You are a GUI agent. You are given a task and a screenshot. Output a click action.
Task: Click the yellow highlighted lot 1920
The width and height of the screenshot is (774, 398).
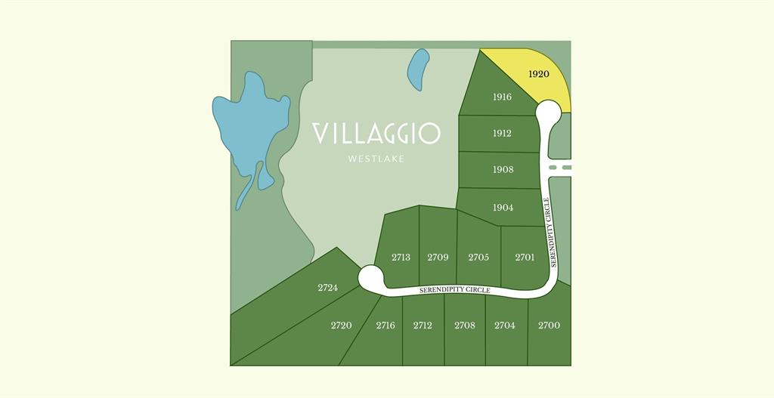coord(538,74)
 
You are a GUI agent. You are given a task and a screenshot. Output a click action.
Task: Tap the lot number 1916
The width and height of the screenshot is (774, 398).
coord(502,97)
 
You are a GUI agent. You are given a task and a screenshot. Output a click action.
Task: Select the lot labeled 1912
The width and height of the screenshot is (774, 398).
coord(502,133)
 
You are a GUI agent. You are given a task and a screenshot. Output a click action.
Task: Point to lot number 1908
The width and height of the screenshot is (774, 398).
coord(503,169)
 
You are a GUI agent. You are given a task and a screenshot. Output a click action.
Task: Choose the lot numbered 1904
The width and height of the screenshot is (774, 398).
coord(503,207)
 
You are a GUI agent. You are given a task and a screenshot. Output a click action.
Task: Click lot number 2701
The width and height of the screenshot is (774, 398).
coord(525,257)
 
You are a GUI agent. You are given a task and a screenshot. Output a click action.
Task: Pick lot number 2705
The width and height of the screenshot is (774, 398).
coord(478,257)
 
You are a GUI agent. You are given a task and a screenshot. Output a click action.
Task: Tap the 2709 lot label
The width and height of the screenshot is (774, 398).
coord(438,257)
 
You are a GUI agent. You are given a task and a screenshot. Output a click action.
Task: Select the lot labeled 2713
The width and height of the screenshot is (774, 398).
coord(401,257)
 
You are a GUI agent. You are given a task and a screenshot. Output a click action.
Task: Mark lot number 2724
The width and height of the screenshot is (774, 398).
coord(327,288)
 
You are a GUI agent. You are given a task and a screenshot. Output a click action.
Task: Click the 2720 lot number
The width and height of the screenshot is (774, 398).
coord(341,325)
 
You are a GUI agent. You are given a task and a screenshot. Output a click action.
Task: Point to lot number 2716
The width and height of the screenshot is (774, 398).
coord(385,325)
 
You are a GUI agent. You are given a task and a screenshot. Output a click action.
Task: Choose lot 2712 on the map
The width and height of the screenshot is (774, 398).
coord(423,325)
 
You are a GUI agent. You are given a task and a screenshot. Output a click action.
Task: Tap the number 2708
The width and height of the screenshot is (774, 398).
coord(465,325)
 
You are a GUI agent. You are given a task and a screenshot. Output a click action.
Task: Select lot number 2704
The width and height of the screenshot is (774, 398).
coord(505,325)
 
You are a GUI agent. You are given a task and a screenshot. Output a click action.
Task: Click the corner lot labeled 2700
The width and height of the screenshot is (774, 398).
coord(549,325)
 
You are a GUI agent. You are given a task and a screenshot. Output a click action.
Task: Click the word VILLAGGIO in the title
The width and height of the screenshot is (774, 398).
coord(376,134)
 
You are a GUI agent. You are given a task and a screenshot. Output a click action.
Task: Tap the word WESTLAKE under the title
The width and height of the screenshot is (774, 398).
coord(376,159)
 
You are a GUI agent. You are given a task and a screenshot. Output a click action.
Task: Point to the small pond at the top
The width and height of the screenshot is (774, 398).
coord(418,69)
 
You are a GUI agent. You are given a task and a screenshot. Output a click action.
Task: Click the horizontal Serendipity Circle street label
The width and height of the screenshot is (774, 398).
coord(455,290)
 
